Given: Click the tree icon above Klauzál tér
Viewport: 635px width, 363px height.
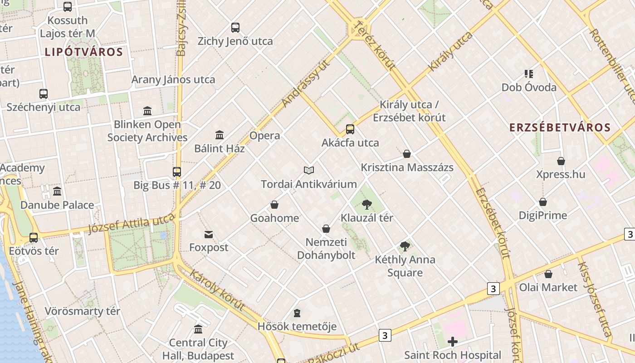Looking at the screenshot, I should pos(367,205).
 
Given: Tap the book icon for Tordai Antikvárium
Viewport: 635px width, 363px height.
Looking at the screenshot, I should pos(309,170).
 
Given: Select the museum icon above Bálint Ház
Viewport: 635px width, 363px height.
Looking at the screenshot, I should pos(220,135).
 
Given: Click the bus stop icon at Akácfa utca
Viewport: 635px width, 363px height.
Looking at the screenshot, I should pos(350,129).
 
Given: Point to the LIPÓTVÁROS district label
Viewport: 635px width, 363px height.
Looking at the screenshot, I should pos(84,52).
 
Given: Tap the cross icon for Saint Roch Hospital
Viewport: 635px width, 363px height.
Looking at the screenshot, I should pos(452,342).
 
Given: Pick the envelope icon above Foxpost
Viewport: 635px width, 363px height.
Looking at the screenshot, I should pos(209,235).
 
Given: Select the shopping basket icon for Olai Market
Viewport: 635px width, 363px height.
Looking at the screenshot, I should pos(548,274).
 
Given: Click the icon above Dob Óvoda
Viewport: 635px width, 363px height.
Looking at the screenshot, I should pos(528,74).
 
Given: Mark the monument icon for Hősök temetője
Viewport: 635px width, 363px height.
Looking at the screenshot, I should pos(297,313).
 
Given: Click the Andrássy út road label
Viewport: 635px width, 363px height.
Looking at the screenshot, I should pos(305,84).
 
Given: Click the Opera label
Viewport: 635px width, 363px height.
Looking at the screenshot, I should pos(265,136).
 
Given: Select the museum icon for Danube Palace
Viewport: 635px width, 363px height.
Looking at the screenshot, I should pos(57,191).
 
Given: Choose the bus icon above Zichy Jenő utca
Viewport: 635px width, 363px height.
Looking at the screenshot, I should pos(235,28).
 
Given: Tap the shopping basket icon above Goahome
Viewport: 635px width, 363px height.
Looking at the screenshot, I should pos(274,205).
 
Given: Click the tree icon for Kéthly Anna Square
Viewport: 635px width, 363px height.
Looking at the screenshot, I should pos(405,246).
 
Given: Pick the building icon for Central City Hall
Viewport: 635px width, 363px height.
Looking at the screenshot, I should pos(198,329).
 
